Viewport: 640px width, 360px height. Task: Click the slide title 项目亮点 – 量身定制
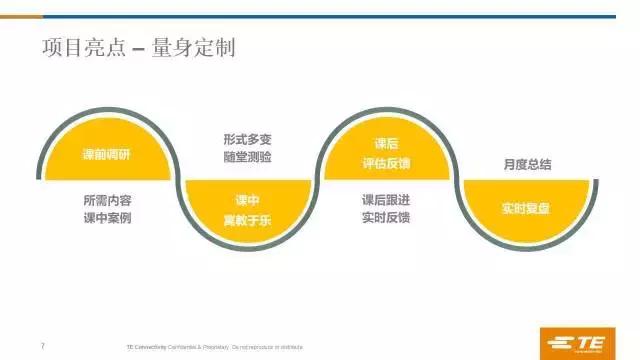[x=138, y=48]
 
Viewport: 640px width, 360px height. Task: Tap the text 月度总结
[x=525, y=164]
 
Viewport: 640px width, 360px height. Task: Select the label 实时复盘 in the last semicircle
[x=525, y=209]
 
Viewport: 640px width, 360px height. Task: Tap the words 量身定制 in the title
[x=200, y=48]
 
